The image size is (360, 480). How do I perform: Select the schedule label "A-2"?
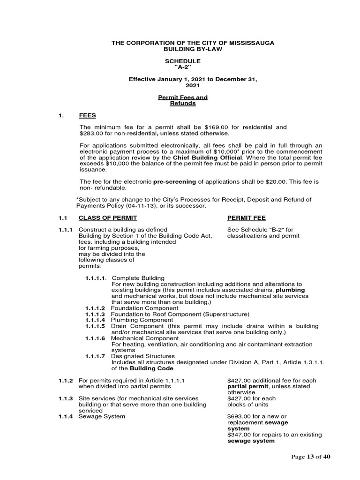point(182,67)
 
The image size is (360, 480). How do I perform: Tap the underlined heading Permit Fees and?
point(182,97)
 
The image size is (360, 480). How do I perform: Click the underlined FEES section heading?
point(88,115)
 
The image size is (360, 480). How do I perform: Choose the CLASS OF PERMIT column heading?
point(108,218)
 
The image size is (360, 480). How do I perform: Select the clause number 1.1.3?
point(66,398)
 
